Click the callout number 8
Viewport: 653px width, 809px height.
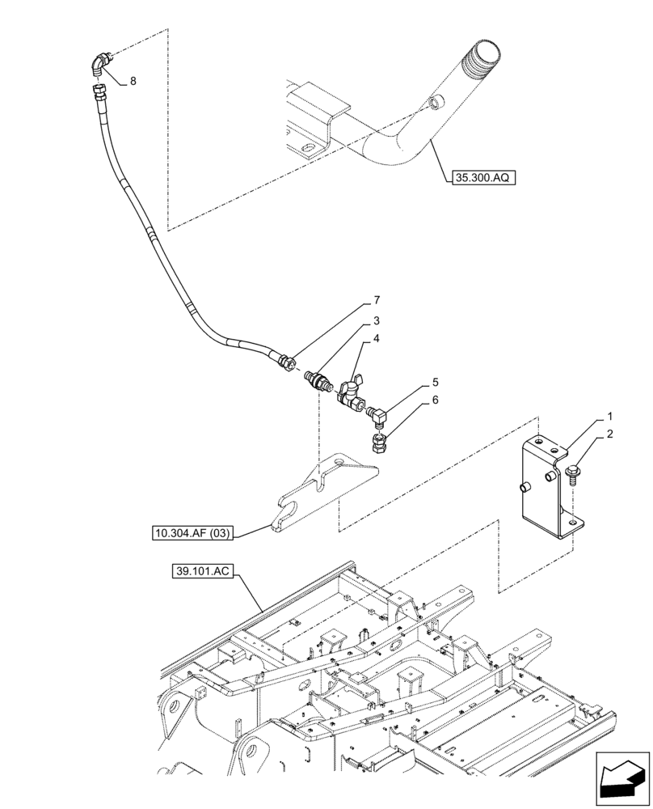(133, 81)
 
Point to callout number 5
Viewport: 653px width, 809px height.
(435, 381)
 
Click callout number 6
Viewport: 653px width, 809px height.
(435, 400)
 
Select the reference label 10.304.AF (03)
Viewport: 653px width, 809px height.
(191, 533)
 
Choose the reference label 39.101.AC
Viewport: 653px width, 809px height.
(202, 571)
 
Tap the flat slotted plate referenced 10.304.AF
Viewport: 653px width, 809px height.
(323, 493)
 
